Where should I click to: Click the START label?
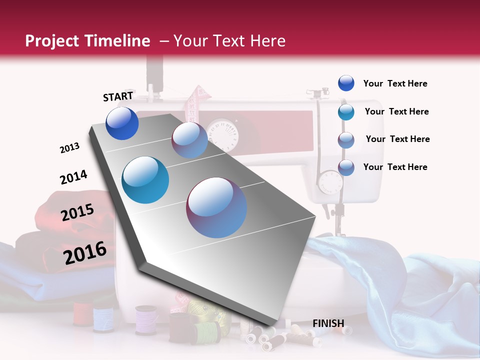(x=118, y=96)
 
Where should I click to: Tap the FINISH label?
(x=328, y=323)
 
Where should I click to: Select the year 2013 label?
(x=69, y=148)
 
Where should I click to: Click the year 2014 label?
(x=73, y=177)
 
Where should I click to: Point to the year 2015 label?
(x=77, y=212)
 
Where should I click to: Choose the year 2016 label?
(x=85, y=253)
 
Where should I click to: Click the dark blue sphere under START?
(x=122, y=123)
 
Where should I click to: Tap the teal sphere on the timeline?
(x=145, y=180)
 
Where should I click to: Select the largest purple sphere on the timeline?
(x=216, y=207)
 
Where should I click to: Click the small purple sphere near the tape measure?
(x=189, y=140)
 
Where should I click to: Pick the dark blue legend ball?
(x=346, y=83)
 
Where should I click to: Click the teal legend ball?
(x=346, y=112)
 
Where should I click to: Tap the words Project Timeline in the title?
(x=87, y=41)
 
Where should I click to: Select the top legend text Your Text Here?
(x=395, y=83)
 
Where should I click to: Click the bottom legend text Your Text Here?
(x=395, y=167)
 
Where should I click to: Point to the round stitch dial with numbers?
(x=223, y=133)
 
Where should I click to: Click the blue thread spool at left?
(x=103, y=319)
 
